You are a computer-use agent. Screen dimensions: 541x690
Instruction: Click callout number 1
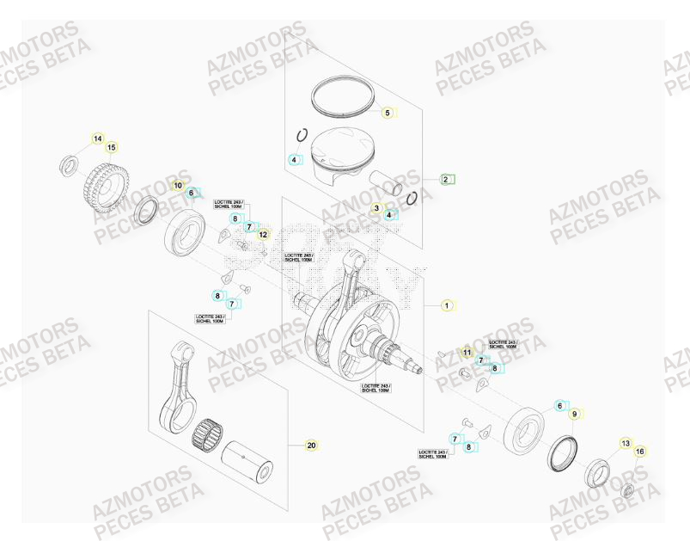(446, 304)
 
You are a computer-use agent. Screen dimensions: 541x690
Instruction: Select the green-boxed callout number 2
(446, 179)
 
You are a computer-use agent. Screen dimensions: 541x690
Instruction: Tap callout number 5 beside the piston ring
(387, 113)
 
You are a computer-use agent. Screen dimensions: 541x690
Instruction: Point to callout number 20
(312, 446)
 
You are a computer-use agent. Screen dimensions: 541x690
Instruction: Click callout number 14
(98, 138)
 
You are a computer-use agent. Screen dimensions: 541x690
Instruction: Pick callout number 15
(111, 148)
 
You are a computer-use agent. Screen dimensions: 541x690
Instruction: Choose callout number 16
(639, 452)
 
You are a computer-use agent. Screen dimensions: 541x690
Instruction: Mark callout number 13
(626, 443)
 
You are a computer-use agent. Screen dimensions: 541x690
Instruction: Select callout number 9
(574, 414)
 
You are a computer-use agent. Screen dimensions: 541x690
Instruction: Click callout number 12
(263, 234)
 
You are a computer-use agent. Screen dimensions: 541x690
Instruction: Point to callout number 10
(179, 185)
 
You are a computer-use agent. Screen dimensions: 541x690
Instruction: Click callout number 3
(376, 208)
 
